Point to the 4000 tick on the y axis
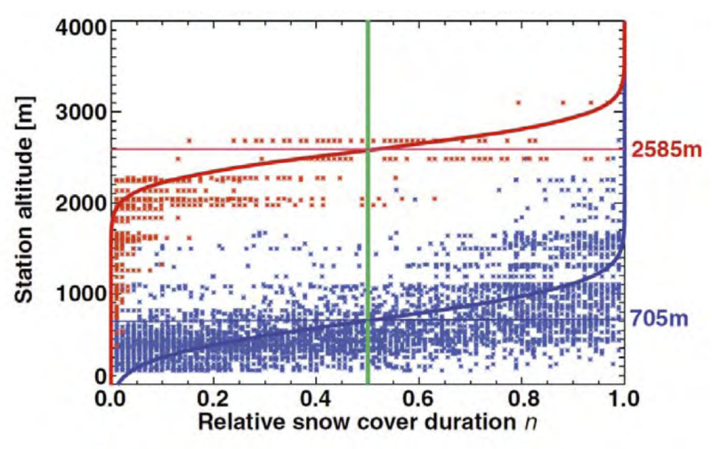click(x=83, y=26)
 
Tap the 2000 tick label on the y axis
click(x=83, y=203)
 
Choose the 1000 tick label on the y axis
click(x=83, y=292)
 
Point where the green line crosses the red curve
click(x=368, y=150)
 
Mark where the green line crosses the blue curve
click(x=368, y=321)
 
